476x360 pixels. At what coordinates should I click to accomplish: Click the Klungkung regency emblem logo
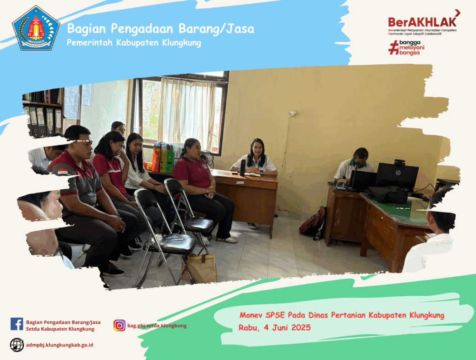36,28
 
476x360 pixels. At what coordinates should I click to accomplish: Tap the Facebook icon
17,324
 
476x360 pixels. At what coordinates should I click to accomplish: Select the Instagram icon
119,326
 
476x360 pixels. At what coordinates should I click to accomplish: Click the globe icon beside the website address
17,345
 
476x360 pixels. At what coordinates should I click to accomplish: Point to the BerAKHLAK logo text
422,22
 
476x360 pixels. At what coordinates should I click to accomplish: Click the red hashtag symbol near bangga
393,48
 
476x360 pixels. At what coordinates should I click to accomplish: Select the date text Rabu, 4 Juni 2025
274,327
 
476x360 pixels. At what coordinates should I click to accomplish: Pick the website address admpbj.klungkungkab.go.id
59,345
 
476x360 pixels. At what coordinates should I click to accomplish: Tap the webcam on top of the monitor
399,162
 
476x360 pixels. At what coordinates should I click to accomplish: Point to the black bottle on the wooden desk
243,168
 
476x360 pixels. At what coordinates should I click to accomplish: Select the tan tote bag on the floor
199,267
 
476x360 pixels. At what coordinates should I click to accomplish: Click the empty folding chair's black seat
173,243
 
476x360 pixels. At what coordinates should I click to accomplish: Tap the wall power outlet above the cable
293,113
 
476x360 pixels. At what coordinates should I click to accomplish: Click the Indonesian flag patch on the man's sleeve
63,172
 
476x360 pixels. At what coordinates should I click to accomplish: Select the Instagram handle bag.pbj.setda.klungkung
157,326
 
